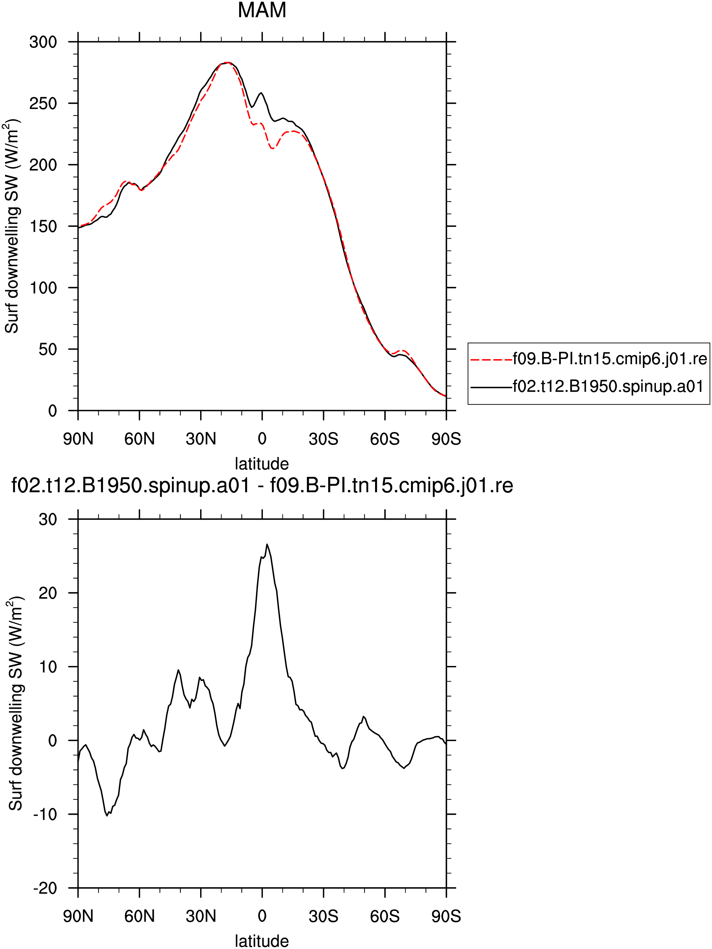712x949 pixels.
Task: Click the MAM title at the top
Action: (x=262, y=10)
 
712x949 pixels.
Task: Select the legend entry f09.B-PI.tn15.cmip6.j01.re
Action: (x=588, y=359)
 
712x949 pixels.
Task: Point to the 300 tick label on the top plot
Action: (x=43, y=42)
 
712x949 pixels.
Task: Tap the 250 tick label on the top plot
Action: (x=43, y=103)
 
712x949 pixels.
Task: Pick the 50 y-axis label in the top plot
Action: (x=48, y=349)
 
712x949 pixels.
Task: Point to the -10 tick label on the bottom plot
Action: (x=45, y=814)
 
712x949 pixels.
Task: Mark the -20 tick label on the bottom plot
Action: (x=45, y=888)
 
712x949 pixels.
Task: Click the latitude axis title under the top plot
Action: (x=262, y=464)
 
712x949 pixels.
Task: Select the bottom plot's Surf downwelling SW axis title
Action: (x=15, y=703)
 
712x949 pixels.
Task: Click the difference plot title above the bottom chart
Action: (x=262, y=486)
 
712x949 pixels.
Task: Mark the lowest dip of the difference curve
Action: (x=107, y=816)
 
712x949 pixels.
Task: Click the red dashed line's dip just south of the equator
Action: (x=272, y=148)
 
